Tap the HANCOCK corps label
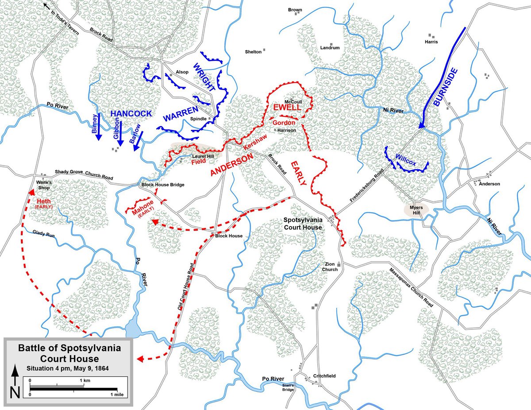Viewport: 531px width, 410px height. pyautogui.click(x=131, y=114)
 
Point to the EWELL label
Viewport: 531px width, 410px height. pyautogui.click(x=287, y=108)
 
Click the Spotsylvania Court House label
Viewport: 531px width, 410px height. pyautogui.click(x=303, y=224)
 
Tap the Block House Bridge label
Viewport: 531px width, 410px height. pyautogui.click(x=162, y=185)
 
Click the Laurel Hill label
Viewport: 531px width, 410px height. pyautogui.click(x=203, y=156)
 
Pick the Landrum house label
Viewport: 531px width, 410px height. pyautogui.click(x=330, y=48)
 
